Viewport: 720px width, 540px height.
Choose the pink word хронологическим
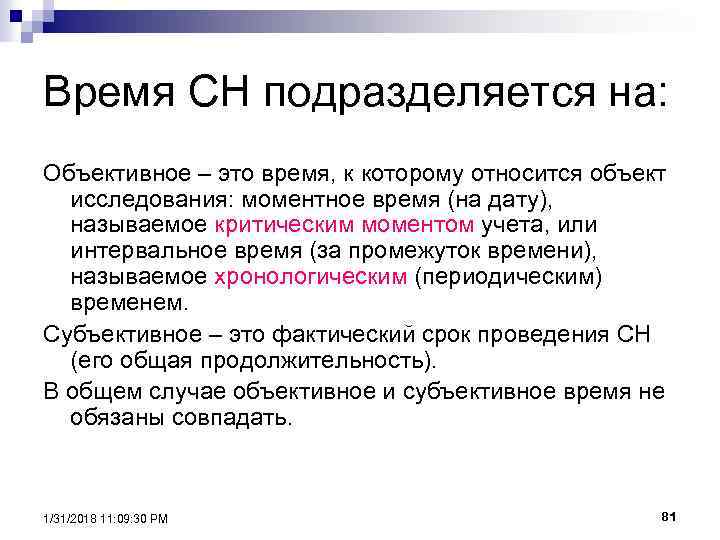pos(310,277)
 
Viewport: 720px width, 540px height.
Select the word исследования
pos(139,200)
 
